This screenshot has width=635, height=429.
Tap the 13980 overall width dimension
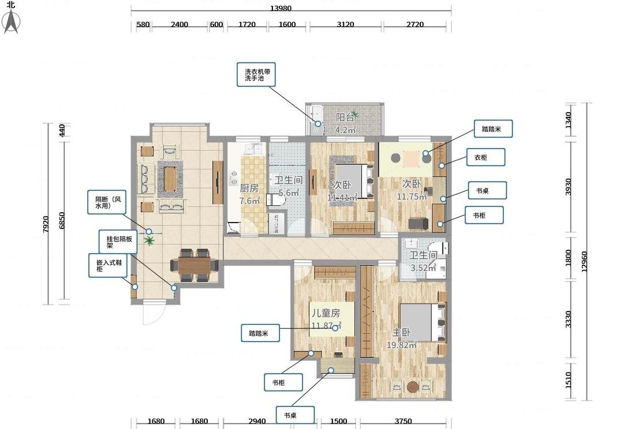point(281,8)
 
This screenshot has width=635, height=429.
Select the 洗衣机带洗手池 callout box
point(256,75)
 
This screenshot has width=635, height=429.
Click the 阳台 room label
point(345,117)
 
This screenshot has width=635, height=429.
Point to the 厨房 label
point(249,188)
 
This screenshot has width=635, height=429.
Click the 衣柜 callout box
point(485,157)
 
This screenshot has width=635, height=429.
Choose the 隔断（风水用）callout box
point(107,202)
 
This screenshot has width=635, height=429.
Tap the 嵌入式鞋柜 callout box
point(108,265)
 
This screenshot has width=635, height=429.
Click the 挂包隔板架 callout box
point(119,242)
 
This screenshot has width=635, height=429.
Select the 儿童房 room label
point(326,313)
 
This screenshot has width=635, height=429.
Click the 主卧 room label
point(401,332)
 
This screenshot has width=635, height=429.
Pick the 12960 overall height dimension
point(584,261)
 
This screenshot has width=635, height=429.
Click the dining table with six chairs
point(195,265)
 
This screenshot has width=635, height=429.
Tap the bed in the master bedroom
point(423,323)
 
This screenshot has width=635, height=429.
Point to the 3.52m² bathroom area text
point(423,268)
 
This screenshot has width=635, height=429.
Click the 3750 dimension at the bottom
point(403,421)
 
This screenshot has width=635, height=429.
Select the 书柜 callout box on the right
point(484,215)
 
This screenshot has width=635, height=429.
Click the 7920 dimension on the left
point(46,224)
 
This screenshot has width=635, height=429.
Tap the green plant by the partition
point(150,241)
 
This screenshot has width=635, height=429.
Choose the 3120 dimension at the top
point(345,24)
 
